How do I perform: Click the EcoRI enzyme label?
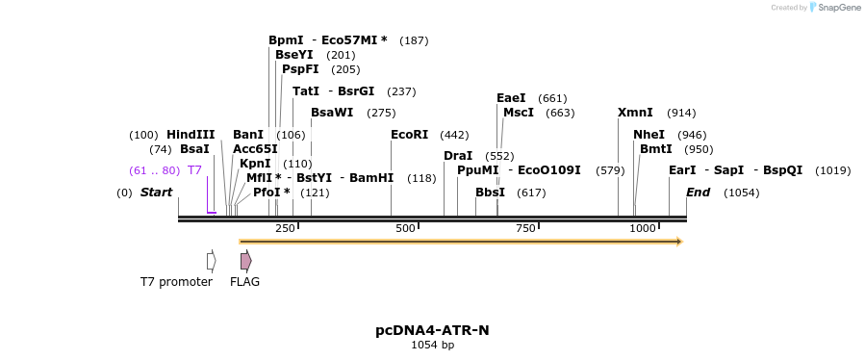click(x=409, y=135)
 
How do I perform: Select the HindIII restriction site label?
click(x=191, y=135)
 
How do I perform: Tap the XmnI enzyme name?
click(x=635, y=113)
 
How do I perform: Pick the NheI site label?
click(x=649, y=135)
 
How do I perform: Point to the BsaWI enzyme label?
click(x=332, y=113)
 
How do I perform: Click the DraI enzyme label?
click(x=458, y=156)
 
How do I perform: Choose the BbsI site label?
click(x=490, y=193)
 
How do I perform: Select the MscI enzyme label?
click(x=519, y=113)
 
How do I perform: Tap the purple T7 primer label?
click(x=194, y=170)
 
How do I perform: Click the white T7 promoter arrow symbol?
click(x=211, y=261)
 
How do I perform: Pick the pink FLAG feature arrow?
click(x=245, y=261)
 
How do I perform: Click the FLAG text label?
click(x=244, y=282)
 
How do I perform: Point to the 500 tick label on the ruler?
click(x=405, y=228)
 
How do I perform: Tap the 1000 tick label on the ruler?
click(x=642, y=228)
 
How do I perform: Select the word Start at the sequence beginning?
click(x=156, y=193)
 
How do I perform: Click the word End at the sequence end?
click(x=698, y=193)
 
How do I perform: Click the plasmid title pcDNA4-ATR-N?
click(x=432, y=330)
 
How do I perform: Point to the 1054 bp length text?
click(x=432, y=345)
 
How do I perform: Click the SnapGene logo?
click(x=834, y=8)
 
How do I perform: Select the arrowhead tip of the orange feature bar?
click(x=679, y=242)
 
